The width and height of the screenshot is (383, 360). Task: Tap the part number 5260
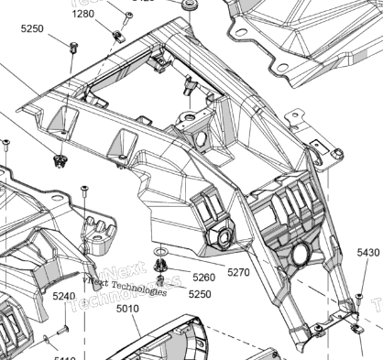click(x=203, y=277)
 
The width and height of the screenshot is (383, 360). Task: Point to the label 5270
click(x=238, y=272)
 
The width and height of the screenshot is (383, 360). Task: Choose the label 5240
click(x=64, y=296)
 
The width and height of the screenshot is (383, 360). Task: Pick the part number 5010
click(x=127, y=310)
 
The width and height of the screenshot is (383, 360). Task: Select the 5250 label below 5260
click(x=199, y=294)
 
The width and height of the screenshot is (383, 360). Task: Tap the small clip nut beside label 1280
click(x=117, y=36)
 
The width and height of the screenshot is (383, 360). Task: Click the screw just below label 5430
click(x=359, y=298)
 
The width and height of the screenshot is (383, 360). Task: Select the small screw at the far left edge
click(x=5, y=144)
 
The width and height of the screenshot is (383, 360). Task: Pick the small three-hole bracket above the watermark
click(x=98, y=234)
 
